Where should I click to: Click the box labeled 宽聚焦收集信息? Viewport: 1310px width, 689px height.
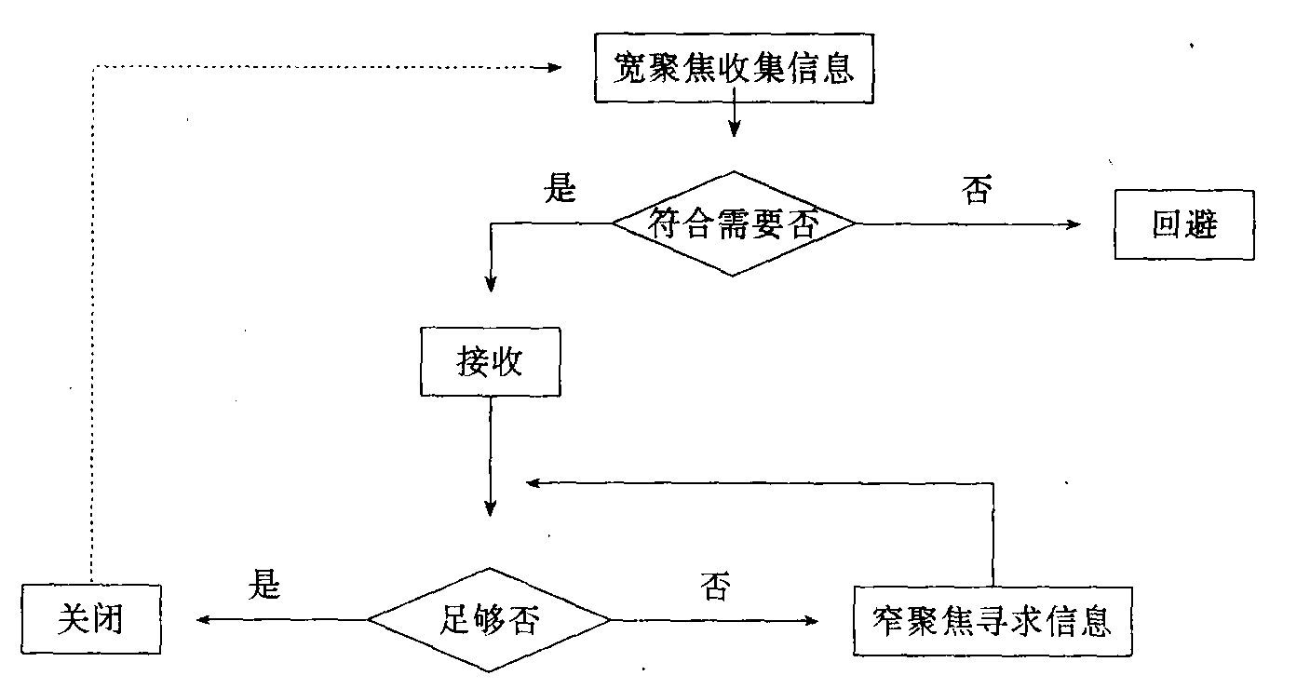point(735,69)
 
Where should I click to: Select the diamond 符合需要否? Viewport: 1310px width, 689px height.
point(734,223)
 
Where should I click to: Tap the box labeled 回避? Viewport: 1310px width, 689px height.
point(1184,224)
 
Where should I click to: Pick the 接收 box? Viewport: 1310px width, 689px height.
point(490,361)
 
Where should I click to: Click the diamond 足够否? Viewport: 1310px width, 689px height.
point(489,619)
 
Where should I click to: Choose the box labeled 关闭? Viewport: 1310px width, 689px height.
point(90,619)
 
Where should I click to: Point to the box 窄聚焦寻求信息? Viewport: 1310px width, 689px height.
point(993,620)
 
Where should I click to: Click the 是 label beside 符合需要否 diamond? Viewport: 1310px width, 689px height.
point(560,189)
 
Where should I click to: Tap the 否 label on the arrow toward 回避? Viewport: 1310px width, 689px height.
point(975,191)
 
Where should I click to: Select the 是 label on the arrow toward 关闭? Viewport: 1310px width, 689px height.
point(263,585)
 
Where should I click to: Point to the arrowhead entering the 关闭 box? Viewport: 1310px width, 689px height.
point(200,619)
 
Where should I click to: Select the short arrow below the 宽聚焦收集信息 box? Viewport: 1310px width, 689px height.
point(735,118)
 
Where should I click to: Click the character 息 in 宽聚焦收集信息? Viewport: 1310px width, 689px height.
point(837,69)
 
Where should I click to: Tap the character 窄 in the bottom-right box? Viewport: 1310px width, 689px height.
point(892,620)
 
